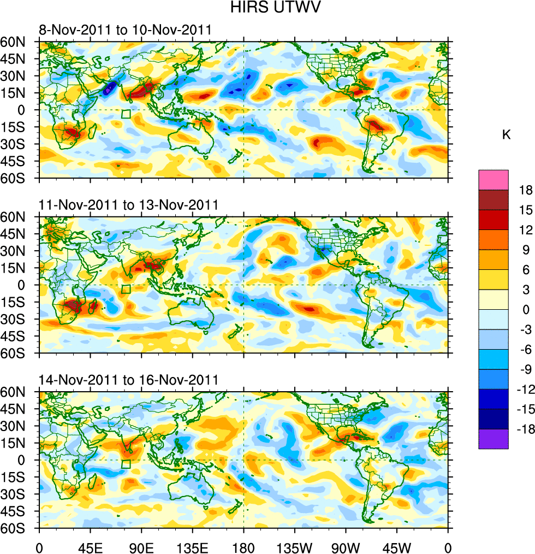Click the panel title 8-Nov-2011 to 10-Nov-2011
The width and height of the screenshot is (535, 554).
point(125,30)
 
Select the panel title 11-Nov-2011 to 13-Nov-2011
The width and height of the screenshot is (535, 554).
point(129,205)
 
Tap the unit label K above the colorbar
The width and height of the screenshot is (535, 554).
point(506,135)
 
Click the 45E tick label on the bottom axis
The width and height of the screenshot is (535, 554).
point(91,546)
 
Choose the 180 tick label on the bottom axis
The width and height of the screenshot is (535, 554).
point(243,546)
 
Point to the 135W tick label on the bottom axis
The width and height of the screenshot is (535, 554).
point(294,546)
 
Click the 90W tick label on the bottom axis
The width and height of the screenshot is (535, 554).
point(346,546)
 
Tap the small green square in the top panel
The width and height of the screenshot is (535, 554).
point(126,114)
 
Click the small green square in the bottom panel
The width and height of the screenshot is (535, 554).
point(126,464)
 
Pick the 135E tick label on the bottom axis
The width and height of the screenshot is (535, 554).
point(192,546)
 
